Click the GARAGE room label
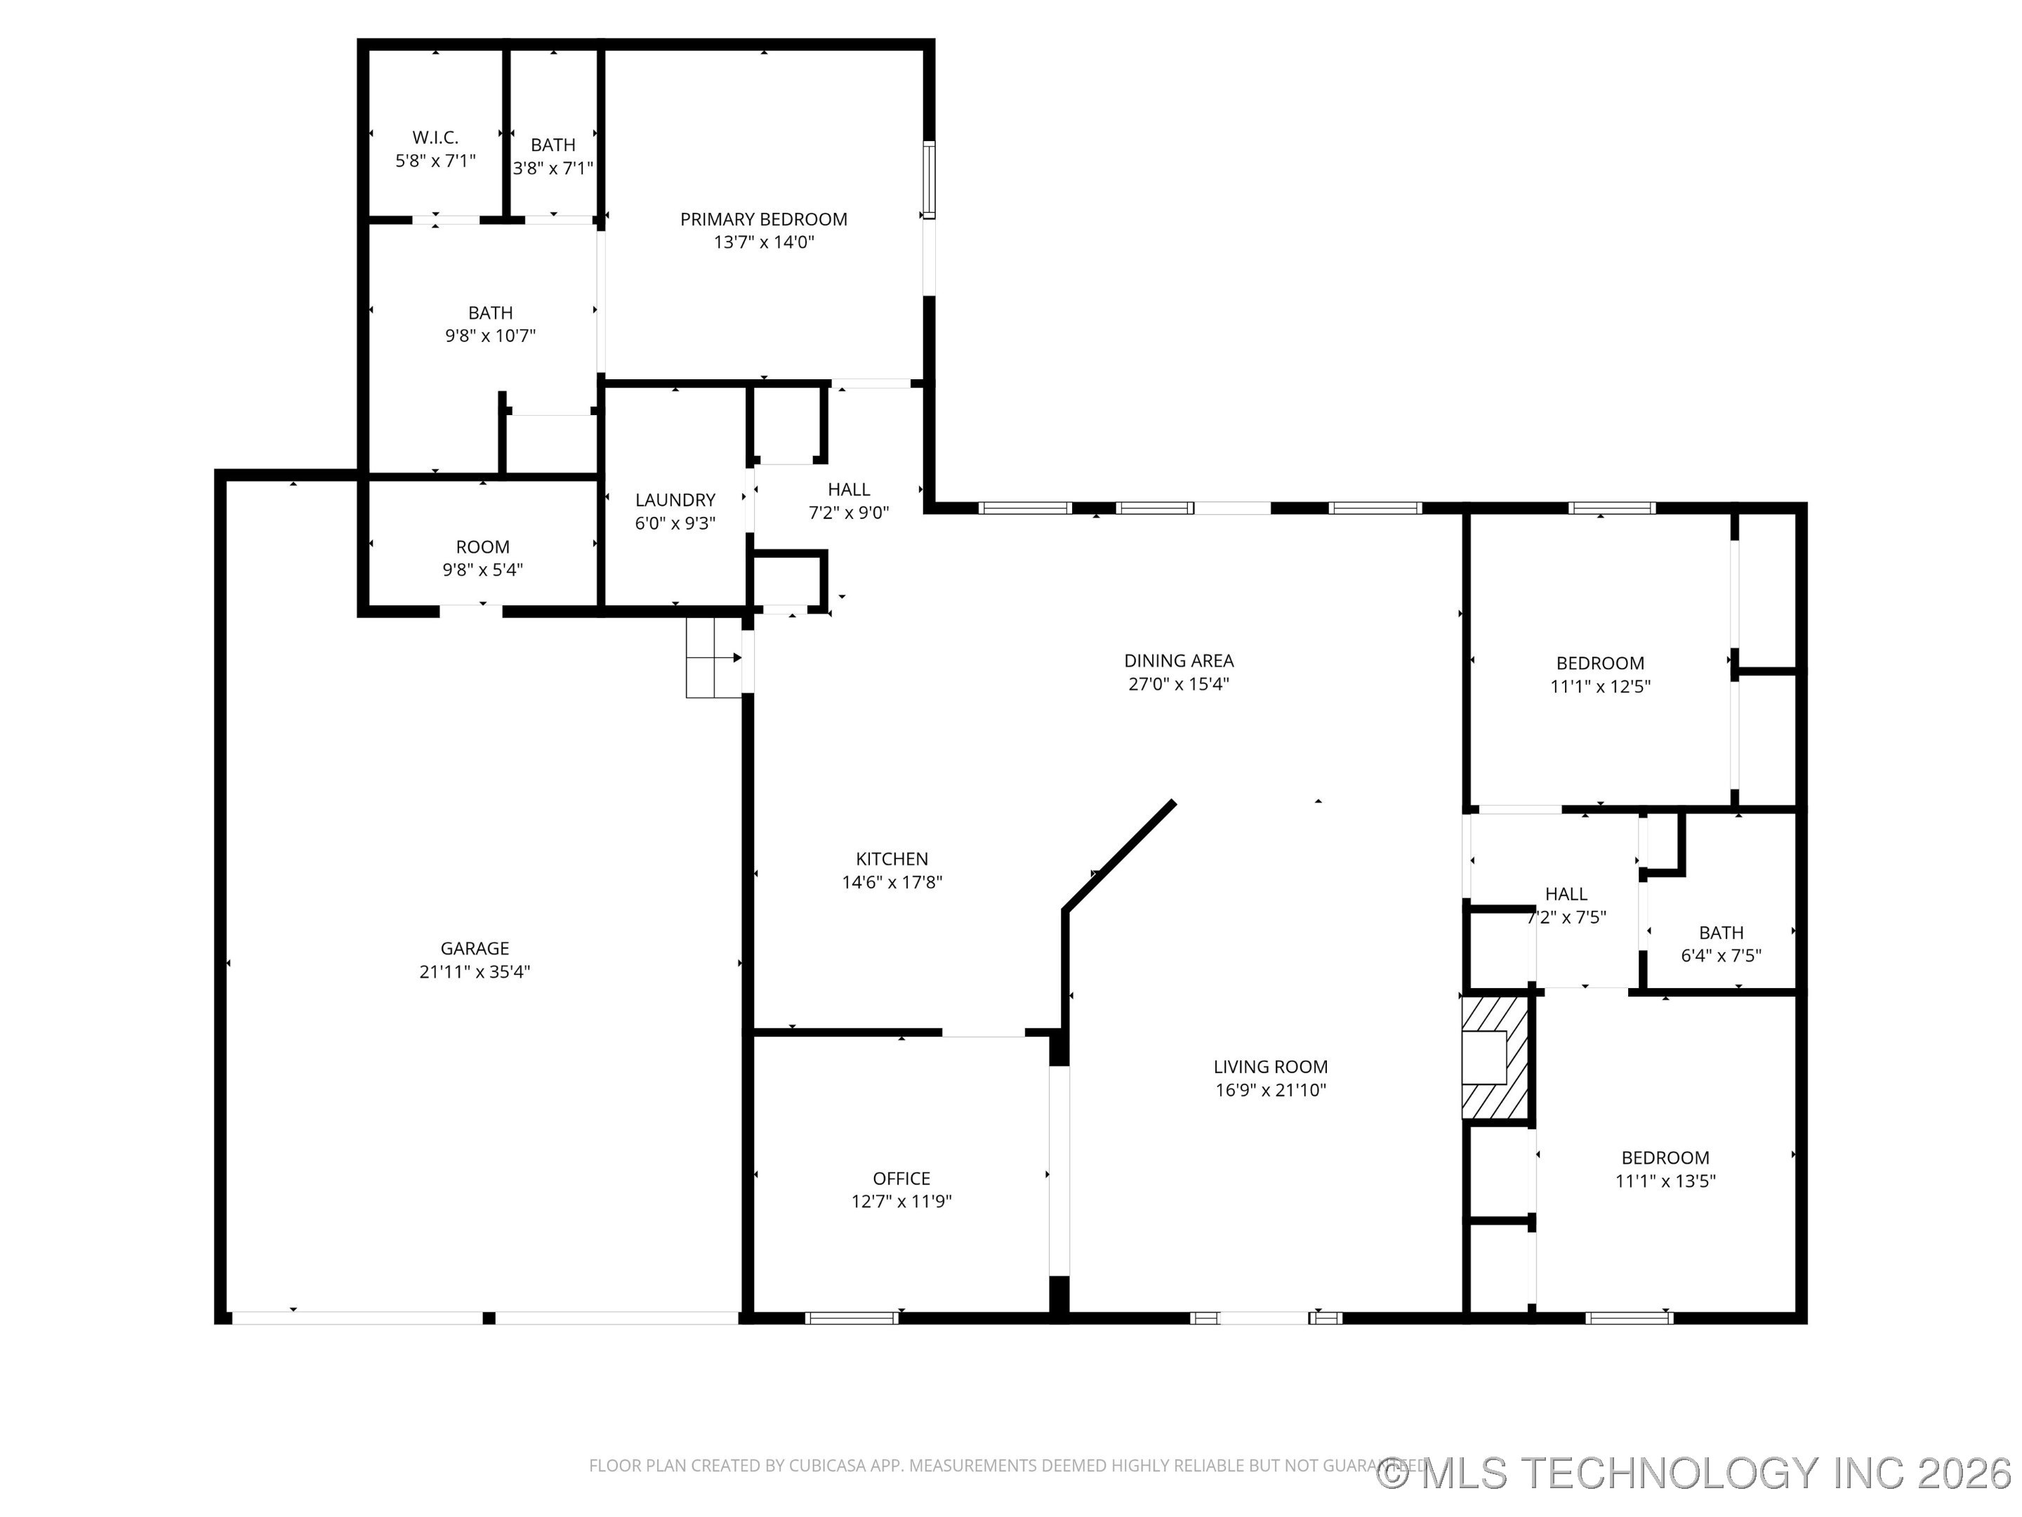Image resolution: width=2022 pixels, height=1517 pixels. click(475, 948)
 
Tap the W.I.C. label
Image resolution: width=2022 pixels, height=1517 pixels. click(435, 137)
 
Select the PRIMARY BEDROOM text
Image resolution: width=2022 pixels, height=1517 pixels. click(763, 219)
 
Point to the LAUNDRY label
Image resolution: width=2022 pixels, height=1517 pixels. click(675, 500)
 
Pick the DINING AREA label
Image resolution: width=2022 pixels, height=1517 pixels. click(1178, 660)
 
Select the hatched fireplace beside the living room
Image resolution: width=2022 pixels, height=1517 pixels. click(1495, 1057)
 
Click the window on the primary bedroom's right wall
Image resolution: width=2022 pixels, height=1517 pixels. click(929, 180)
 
